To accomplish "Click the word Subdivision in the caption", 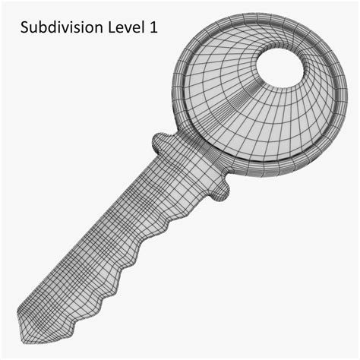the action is (62, 27).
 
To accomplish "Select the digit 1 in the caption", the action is (153, 27).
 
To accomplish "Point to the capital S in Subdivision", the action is (24, 28).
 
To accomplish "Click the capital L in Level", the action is (112, 28).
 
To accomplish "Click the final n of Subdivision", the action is (99, 29).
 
